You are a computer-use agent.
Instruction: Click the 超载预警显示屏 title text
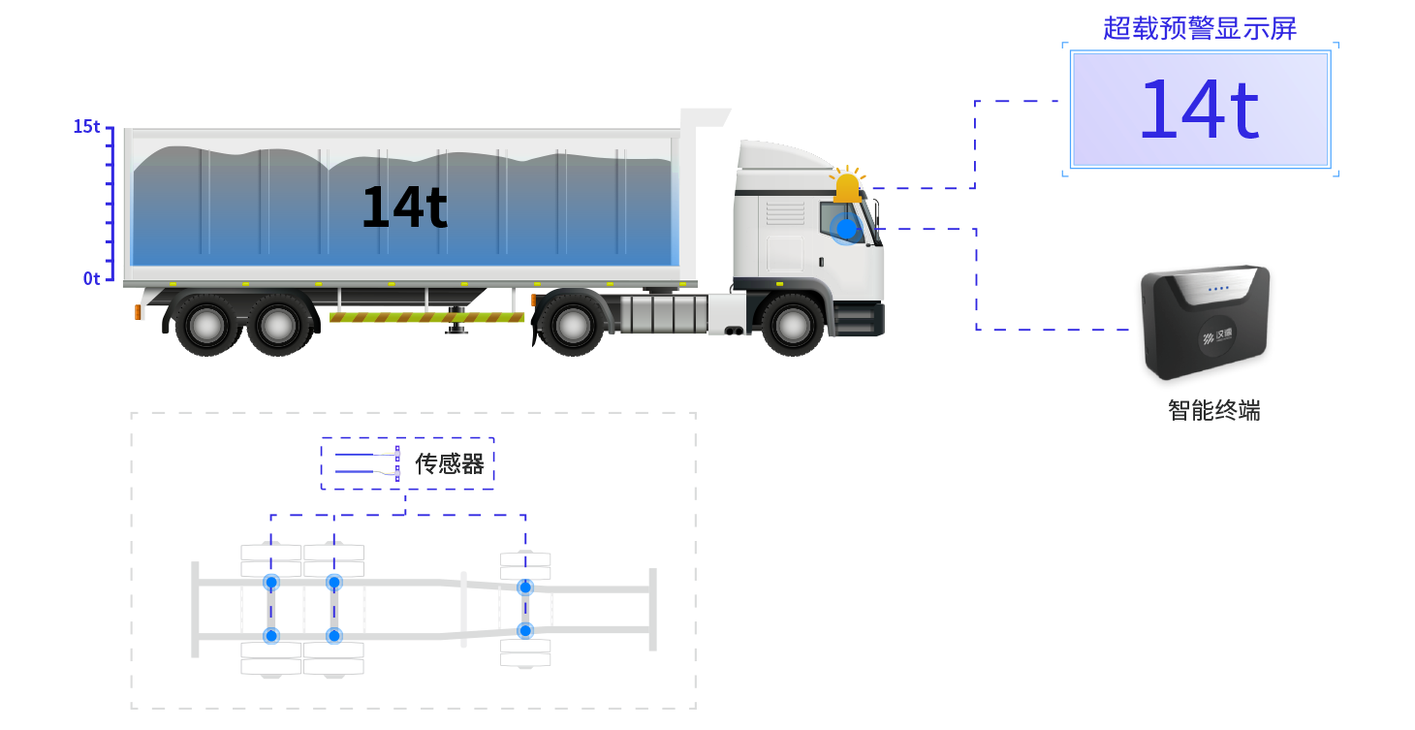coord(1200,28)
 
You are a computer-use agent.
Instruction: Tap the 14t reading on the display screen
coord(1200,109)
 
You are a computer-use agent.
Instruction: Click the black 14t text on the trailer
coord(404,206)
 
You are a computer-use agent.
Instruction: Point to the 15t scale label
coord(86,126)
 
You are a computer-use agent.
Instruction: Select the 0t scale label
coord(92,279)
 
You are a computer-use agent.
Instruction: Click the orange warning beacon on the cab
coord(847,184)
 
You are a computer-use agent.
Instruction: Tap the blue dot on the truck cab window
coord(846,229)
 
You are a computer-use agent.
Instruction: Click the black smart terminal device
coord(1206,322)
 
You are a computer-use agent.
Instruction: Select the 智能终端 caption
coord(1214,411)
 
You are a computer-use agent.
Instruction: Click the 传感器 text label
coord(449,464)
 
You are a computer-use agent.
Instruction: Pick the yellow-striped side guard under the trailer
coord(426,317)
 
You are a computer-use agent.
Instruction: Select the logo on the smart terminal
coord(1217,335)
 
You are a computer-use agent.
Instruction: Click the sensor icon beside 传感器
coord(367,463)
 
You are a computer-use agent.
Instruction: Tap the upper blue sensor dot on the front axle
coord(525,587)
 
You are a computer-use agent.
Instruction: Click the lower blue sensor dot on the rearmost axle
coord(271,636)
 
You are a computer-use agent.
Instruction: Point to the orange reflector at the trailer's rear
coord(138,311)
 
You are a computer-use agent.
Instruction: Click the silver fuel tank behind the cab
coord(663,313)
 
